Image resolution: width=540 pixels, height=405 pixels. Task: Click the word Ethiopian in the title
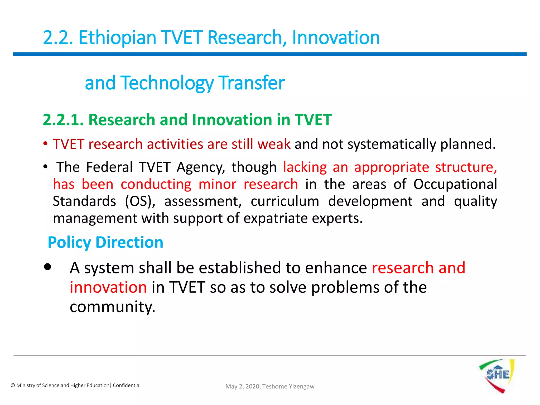[x=117, y=38]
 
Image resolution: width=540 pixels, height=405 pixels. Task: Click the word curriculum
[x=285, y=201]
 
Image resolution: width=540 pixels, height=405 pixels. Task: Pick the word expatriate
[x=275, y=218]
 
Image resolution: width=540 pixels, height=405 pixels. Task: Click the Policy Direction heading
[x=105, y=242]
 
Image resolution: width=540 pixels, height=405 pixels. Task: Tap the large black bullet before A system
[x=48, y=267]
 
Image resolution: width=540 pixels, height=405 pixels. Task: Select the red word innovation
[x=108, y=287]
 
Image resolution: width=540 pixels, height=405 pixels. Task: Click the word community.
[x=112, y=307]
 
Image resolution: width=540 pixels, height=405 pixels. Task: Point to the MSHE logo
[x=497, y=376]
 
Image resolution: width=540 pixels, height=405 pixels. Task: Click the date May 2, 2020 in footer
[x=243, y=387]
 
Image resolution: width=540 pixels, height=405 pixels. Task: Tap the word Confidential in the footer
[x=127, y=385]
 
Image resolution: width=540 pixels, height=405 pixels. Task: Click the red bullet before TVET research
[x=46, y=144]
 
